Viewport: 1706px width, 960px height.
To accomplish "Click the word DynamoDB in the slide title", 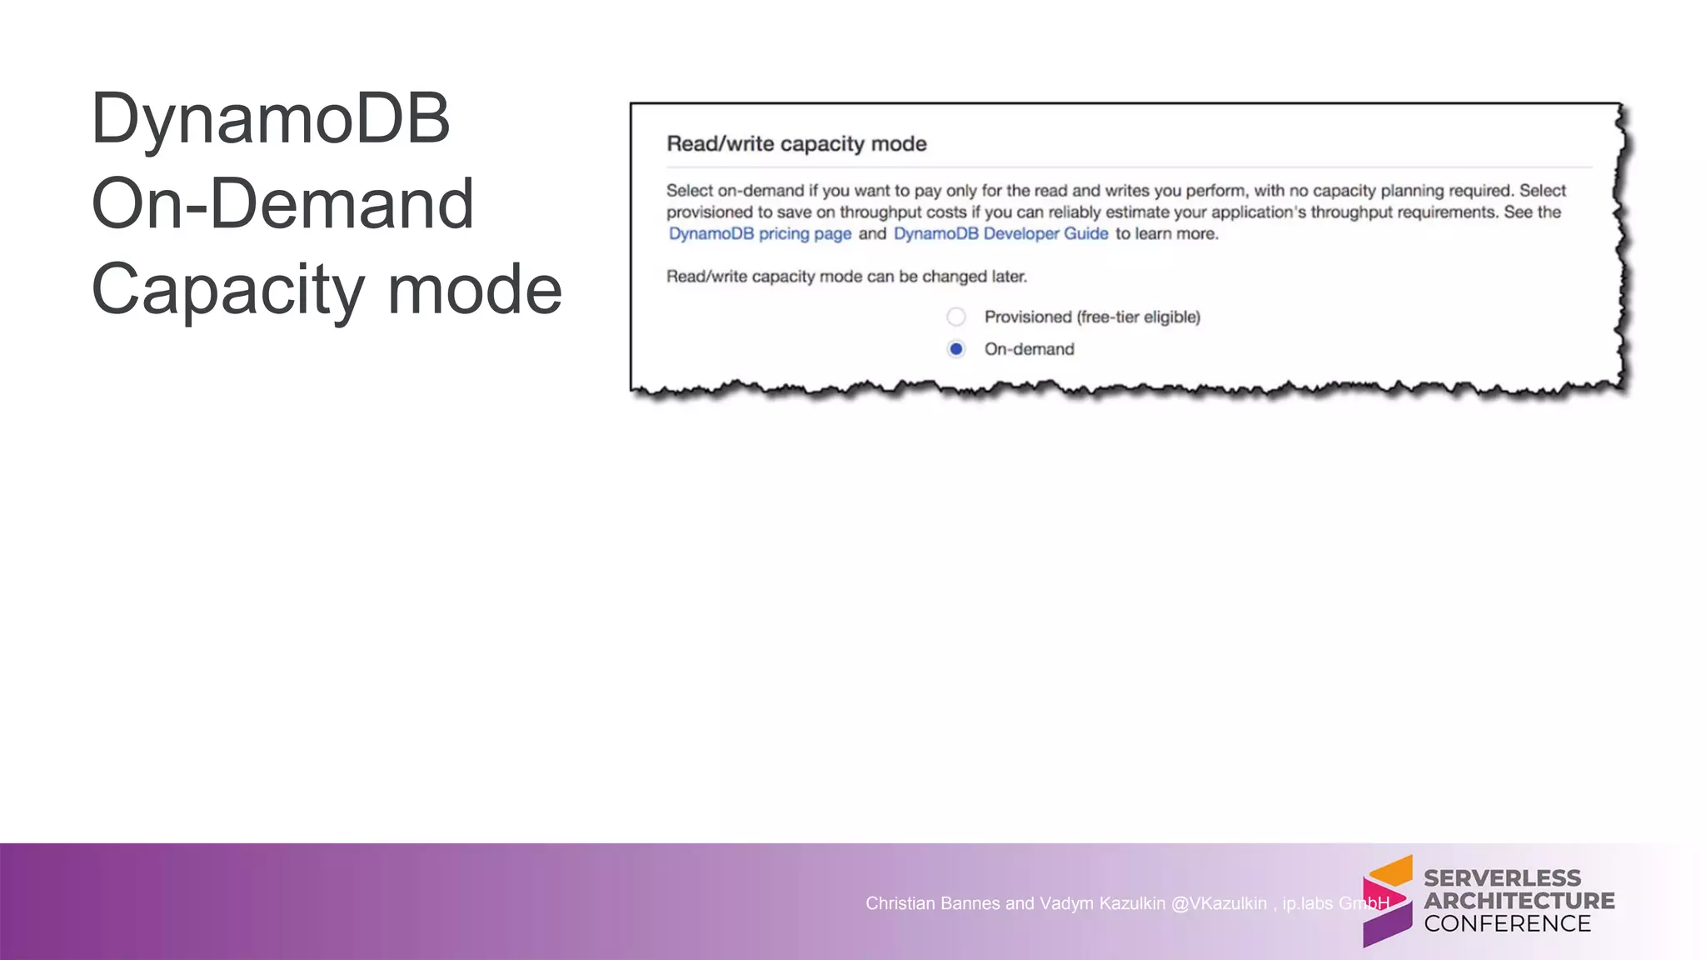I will [271, 119].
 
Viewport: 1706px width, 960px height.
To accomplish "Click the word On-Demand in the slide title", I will [282, 204].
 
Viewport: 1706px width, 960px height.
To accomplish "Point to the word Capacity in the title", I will [227, 290].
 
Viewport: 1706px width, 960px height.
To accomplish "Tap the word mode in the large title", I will [475, 289].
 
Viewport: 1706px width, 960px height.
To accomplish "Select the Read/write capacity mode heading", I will [796, 144].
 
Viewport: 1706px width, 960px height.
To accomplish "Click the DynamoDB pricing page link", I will [760, 234].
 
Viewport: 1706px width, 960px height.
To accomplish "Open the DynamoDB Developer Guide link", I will [1000, 234].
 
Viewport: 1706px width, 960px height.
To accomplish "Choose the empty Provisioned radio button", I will [956, 317].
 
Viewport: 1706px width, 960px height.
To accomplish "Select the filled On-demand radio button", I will [956, 349].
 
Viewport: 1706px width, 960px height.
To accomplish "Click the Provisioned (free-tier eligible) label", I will [1092, 317].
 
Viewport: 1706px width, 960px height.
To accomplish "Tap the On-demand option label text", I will [1029, 349].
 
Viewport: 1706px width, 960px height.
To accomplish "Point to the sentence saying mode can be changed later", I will [846, 277].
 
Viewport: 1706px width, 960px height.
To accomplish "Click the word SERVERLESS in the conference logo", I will [1502, 878].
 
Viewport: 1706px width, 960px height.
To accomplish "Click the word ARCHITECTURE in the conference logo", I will [1519, 901].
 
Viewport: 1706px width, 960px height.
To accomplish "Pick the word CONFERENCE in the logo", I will [1507, 924].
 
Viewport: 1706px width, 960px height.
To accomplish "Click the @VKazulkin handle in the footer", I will [1219, 904].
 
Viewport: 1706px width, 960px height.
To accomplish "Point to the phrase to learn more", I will [1166, 234].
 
